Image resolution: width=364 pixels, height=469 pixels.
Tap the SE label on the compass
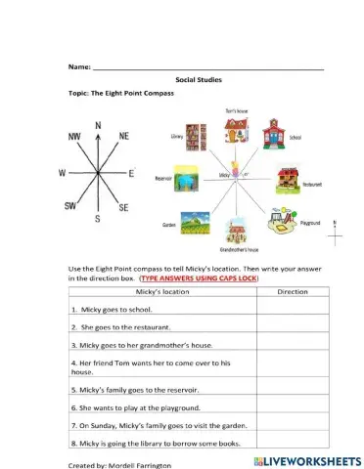pyautogui.click(x=123, y=208)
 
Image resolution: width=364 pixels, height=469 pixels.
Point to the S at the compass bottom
pyautogui.click(x=97, y=219)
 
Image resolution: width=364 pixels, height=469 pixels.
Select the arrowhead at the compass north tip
pyautogui.click(x=98, y=135)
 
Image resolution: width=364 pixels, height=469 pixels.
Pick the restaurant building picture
pyautogui.click(x=286, y=177)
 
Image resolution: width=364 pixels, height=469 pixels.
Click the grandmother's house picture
pyautogui.click(x=236, y=232)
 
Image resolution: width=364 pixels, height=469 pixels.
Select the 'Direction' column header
pyautogui.click(x=293, y=291)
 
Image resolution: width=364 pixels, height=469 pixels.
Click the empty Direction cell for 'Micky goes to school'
pyautogui.click(x=293, y=308)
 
